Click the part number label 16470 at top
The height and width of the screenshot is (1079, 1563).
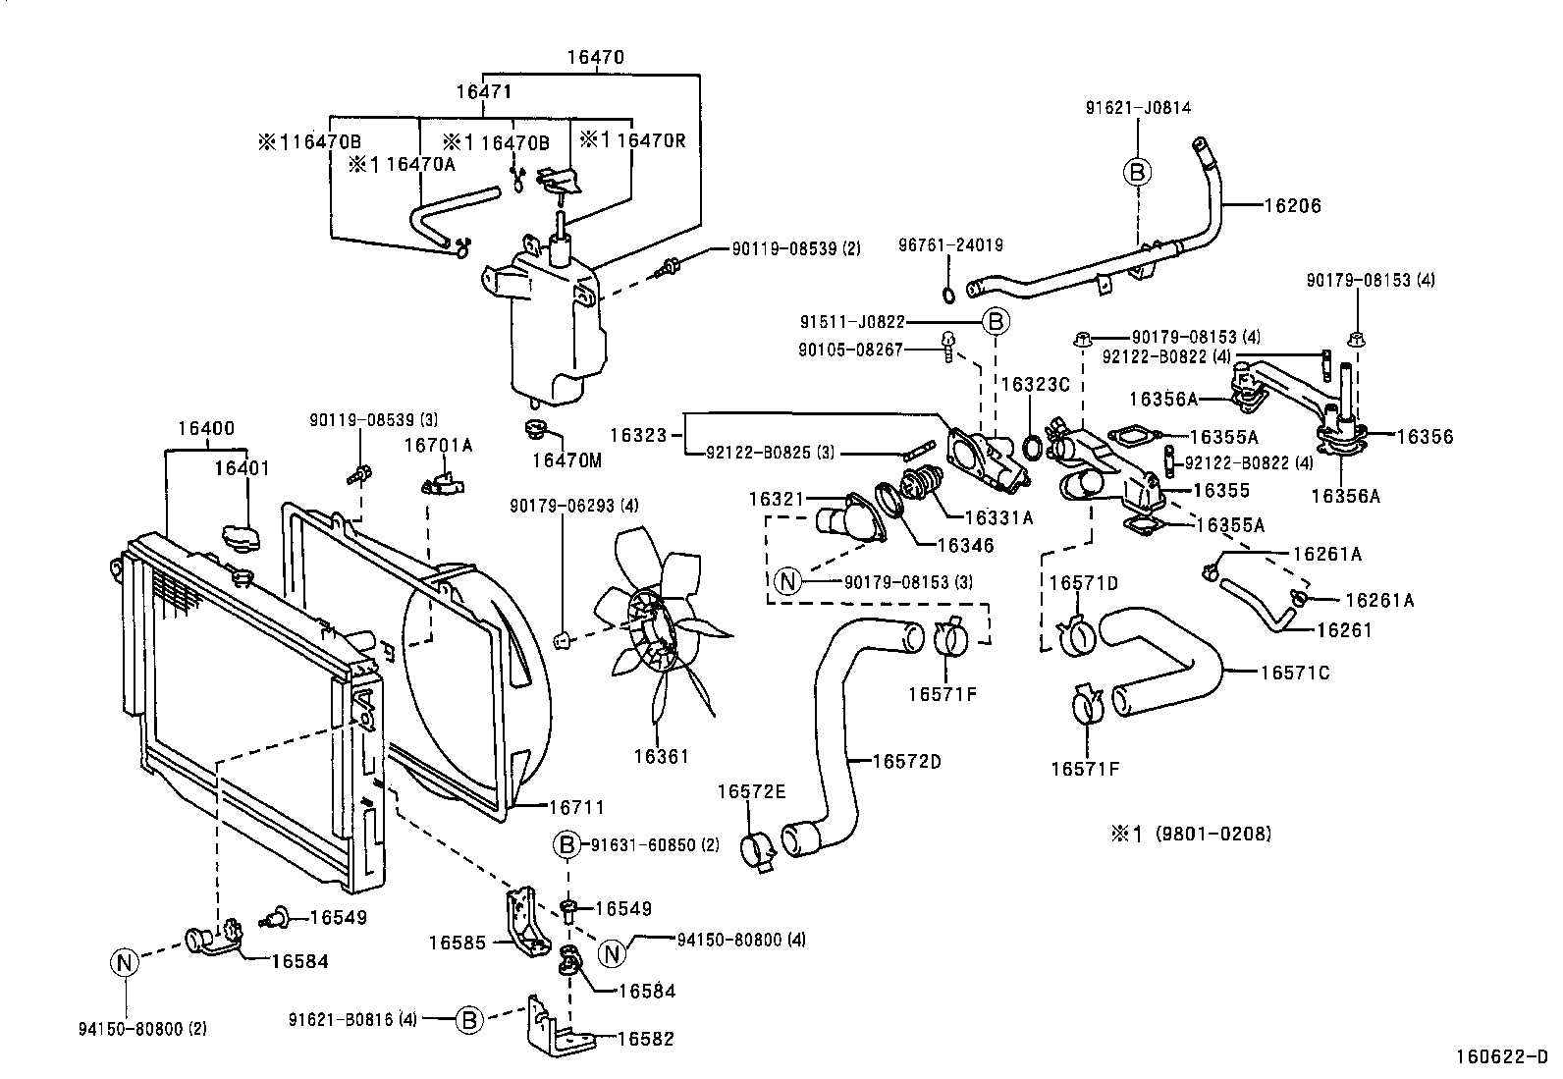(x=594, y=58)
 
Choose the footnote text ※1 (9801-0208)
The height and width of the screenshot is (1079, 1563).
(x=1190, y=834)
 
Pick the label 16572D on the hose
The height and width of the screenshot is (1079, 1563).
(x=906, y=760)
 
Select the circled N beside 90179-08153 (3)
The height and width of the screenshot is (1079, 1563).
(x=786, y=581)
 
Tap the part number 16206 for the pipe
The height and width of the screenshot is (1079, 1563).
(x=1292, y=206)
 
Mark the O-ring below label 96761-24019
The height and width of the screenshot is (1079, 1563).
(x=948, y=296)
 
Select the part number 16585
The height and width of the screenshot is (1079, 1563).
(x=458, y=944)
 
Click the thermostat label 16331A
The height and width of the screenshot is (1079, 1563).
(x=998, y=519)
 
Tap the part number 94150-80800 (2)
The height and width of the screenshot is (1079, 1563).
(x=142, y=1029)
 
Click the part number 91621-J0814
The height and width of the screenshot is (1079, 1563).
(x=1138, y=108)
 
